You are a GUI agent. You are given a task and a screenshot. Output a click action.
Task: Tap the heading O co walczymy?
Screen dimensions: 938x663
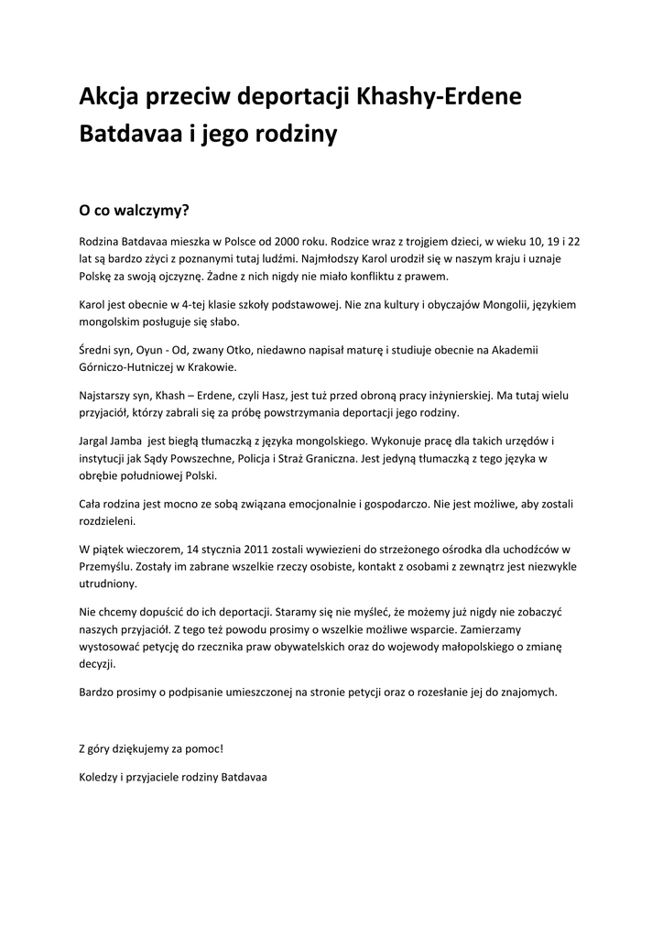(x=134, y=210)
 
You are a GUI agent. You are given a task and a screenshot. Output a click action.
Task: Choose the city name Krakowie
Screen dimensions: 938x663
(x=211, y=366)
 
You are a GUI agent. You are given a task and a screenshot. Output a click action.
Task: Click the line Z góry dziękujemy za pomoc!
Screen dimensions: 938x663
(x=151, y=748)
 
